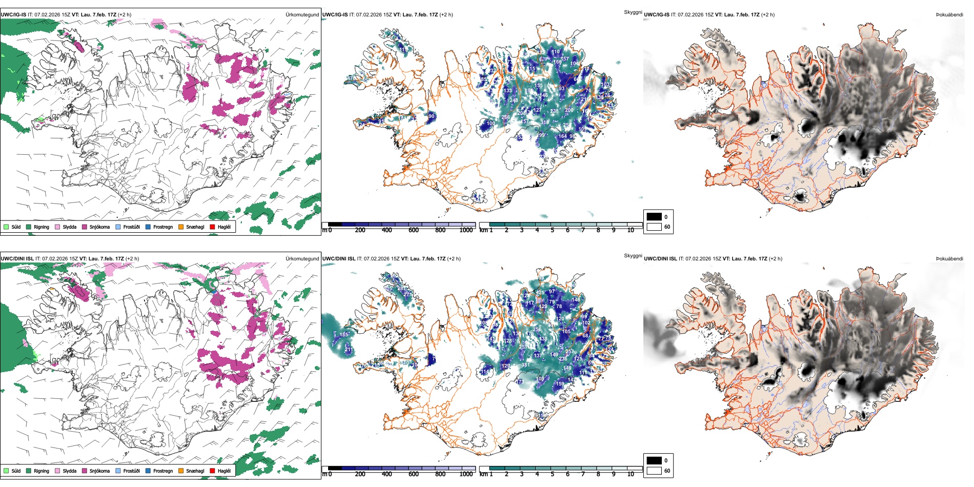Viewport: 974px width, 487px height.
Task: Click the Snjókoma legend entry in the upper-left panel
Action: pyautogui.click(x=99, y=227)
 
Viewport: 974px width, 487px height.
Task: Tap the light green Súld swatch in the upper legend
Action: pyautogui.click(x=6, y=227)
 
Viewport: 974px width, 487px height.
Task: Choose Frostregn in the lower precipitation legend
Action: pyautogui.click(x=163, y=471)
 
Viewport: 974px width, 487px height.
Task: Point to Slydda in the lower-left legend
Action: pyautogui.click(x=69, y=471)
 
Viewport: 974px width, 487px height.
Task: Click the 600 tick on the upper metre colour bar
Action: pyautogui.click(x=413, y=230)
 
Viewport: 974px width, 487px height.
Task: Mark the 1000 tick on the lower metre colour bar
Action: pyautogui.click(x=466, y=474)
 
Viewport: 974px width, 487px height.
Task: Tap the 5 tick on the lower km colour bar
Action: pyautogui.click(x=552, y=474)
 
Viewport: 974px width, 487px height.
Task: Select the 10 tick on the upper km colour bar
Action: pyautogui.click(x=631, y=230)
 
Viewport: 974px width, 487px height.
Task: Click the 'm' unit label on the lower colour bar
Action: pyautogui.click(x=324, y=474)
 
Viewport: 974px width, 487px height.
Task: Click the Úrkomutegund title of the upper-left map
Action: pyautogui.click(x=302, y=14)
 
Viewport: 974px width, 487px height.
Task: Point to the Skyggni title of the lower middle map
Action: pyautogui.click(x=633, y=256)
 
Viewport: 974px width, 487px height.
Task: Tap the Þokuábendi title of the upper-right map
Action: pyautogui.click(x=949, y=14)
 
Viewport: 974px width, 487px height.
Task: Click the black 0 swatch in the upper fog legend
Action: pyautogui.click(x=654, y=216)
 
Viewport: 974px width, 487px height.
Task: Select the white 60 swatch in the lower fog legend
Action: pyautogui.click(x=654, y=471)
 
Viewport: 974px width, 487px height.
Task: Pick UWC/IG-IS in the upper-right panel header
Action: pyautogui.click(x=657, y=14)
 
